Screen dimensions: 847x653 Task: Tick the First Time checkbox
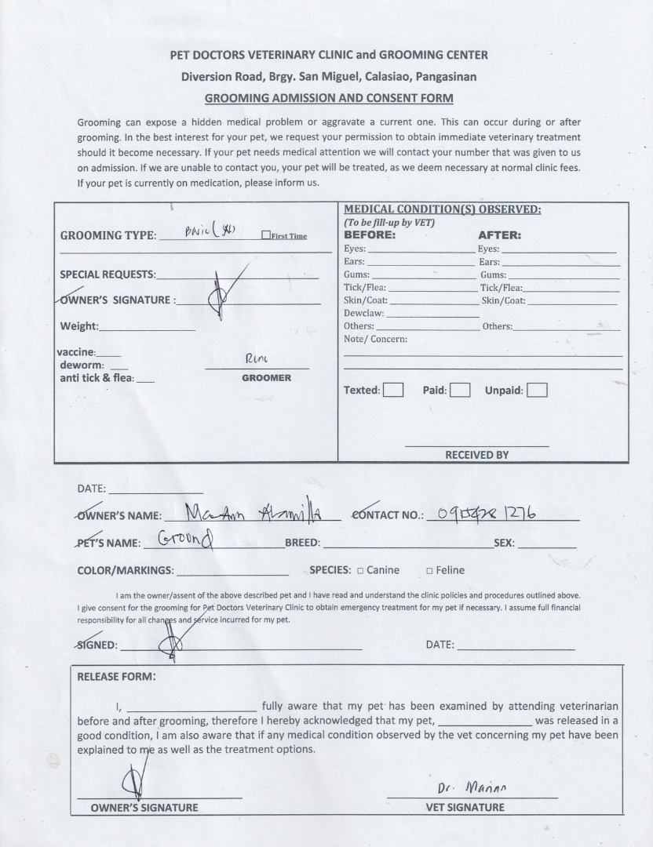coord(265,235)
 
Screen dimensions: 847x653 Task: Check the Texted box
coord(393,390)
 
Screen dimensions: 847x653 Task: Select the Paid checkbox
coord(460,390)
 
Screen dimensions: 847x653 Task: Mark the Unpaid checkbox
coord(537,390)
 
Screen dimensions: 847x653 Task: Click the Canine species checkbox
coord(359,570)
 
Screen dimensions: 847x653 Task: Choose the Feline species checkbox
coord(429,570)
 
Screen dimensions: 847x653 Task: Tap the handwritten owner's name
coord(251,514)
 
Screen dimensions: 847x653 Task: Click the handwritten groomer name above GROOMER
coord(257,358)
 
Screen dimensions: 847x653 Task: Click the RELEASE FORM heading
coord(116,676)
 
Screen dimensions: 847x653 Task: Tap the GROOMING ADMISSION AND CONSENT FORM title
coord(329,99)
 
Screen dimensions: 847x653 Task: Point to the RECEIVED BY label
coord(477,455)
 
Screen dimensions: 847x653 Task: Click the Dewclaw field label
coord(363,313)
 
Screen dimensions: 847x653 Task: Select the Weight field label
coord(79,326)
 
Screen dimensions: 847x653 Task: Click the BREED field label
coord(302,543)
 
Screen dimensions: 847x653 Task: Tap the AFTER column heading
coord(499,234)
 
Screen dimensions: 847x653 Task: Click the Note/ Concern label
coord(375,340)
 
